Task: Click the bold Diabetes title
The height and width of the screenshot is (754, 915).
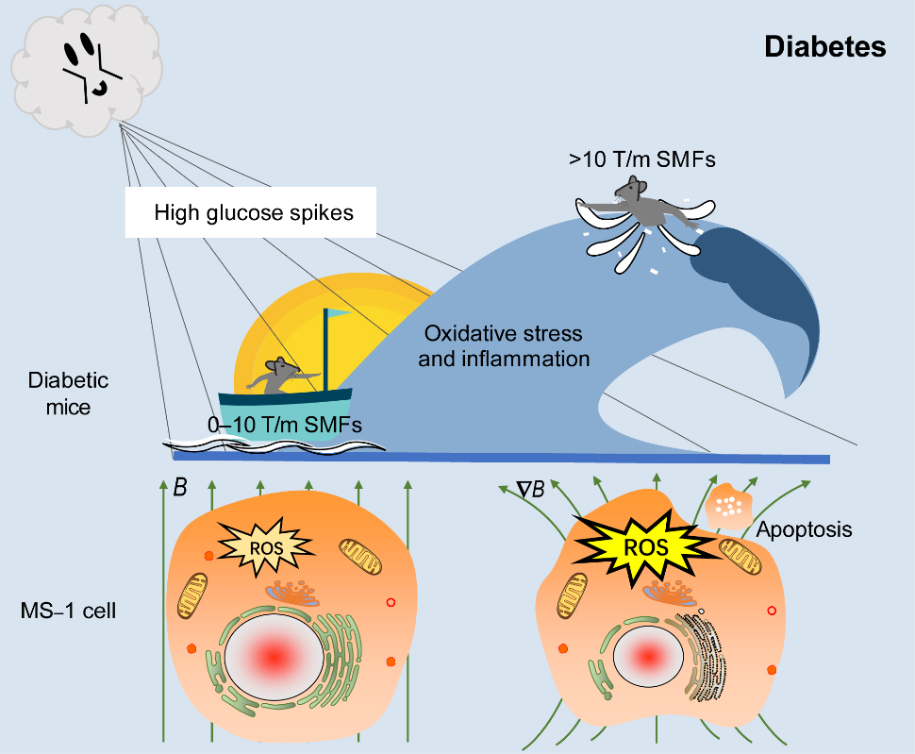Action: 824,47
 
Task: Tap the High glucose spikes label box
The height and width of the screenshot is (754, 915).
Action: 254,212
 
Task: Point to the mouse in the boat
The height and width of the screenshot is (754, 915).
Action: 275,376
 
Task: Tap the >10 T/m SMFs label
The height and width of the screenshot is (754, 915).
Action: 641,159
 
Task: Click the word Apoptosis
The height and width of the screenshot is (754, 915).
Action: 804,529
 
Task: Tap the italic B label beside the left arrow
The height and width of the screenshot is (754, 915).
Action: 179,488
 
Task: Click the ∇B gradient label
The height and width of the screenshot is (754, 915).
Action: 530,489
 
